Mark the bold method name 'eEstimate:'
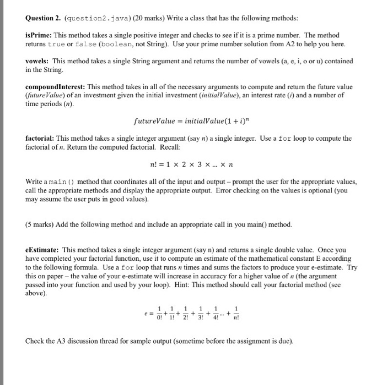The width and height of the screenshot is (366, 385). tap(42, 249)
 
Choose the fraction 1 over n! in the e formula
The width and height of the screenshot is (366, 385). tap(236, 320)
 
